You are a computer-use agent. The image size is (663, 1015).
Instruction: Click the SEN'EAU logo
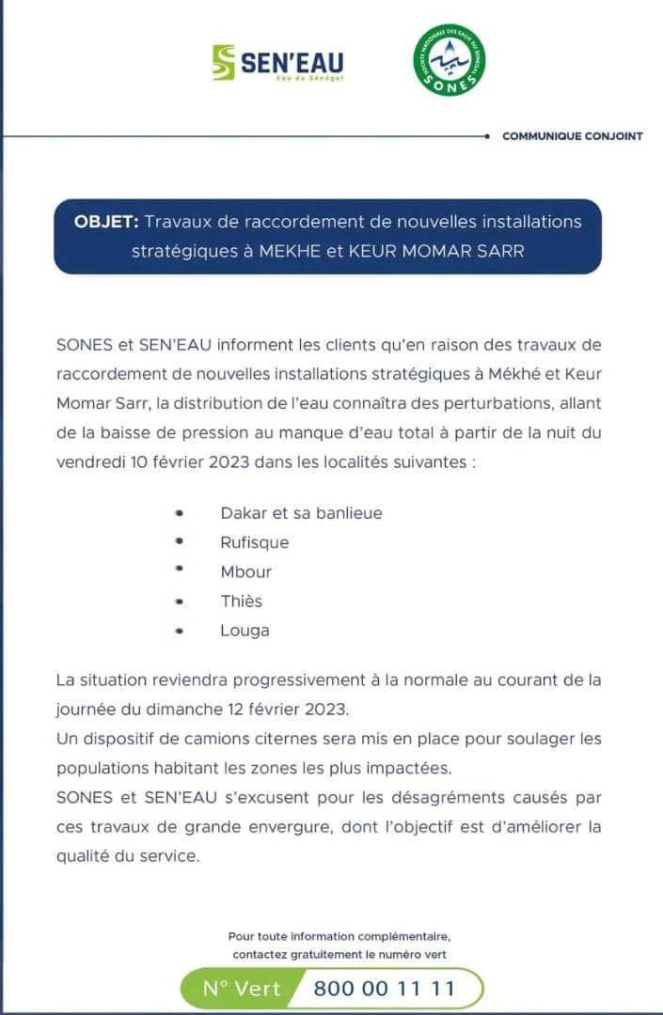[278, 62]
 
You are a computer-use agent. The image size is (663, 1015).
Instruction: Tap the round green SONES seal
[450, 59]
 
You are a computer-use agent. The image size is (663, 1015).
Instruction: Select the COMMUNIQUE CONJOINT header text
[572, 136]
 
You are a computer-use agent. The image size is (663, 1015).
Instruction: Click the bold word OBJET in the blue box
[106, 222]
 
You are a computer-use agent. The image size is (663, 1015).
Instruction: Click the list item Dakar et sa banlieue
[301, 513]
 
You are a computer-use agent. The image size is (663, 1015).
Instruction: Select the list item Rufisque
[254, 542]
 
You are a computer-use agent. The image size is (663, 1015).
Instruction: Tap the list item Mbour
[245, 571]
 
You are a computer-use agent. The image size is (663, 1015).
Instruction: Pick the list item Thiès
[241, 601]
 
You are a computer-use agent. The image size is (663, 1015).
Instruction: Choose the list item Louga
[245, 630]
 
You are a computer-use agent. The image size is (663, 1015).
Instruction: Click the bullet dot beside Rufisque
[179, 542]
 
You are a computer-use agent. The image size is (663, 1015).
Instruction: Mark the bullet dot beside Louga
[179, 631]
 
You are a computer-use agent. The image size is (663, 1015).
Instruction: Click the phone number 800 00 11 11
[384, 989]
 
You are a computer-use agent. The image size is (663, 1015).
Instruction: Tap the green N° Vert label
[242, 989]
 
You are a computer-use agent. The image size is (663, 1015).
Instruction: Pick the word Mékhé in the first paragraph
[513, 374]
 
